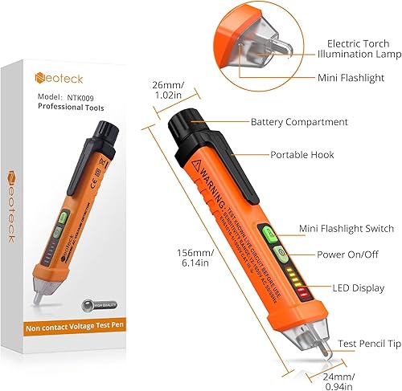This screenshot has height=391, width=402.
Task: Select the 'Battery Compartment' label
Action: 299,122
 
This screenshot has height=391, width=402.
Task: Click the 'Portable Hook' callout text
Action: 302,154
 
